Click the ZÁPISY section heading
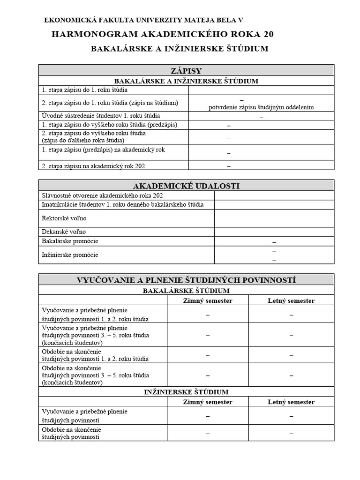click(186, 71)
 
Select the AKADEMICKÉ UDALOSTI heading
click(186, 186)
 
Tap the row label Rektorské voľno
click(64, 218)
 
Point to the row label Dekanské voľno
click(64, 232)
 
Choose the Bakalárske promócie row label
click(70, 241)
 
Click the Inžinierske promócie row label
click(70, 255)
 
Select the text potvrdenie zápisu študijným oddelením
click(261, 107)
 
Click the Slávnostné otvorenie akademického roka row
click(103, 195)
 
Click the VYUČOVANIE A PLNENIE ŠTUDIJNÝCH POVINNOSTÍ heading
click(186, 280)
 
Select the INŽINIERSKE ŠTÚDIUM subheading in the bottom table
click(186, 392)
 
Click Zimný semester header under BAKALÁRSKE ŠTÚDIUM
click(207, 300)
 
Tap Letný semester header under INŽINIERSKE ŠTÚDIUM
click(291, 402)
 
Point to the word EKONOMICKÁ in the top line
click(67, 20)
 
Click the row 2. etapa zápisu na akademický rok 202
click(97, 166)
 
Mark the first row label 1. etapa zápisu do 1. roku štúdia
click(85, 90)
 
